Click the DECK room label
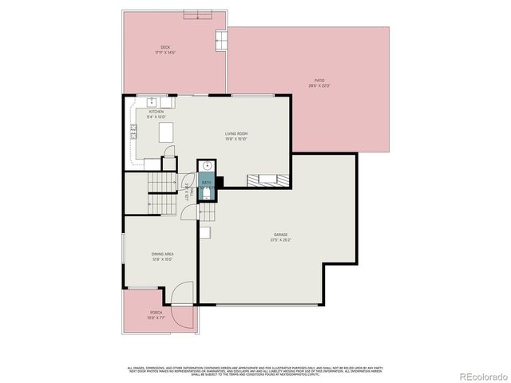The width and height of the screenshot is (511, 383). (x=165, y=47)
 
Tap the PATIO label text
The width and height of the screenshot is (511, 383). (x=319, y=80)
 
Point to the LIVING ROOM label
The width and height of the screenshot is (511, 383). (x=236, y=133)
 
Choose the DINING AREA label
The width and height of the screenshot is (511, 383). (x=163, y=255)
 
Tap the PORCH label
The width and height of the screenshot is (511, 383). (x=156, y=312)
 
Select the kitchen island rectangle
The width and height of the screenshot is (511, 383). (x=167, y=135)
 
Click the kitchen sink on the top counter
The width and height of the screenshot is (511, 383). (x=151, y=101)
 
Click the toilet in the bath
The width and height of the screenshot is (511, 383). (x=206, y=193)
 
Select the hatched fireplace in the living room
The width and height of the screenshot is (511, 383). (x=266, y=179)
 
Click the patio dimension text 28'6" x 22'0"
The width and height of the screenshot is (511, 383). (x=319, y=85)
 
